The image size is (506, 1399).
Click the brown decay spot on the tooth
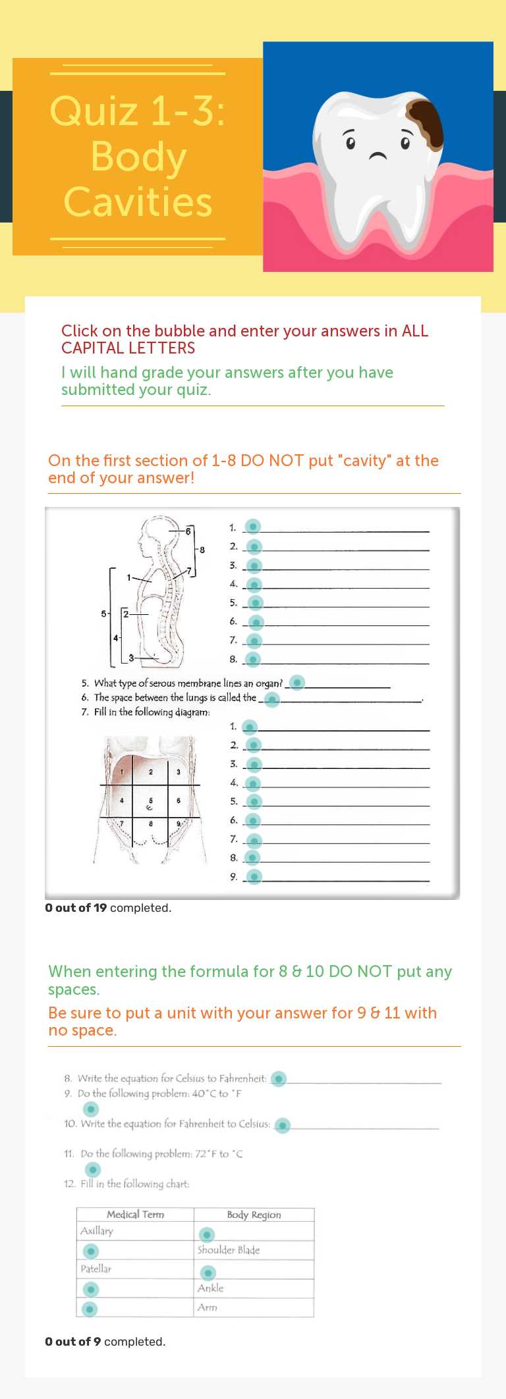tap(424, 124)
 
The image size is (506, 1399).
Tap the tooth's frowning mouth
tap(378, 157)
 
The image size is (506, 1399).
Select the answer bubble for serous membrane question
tap(297, 682)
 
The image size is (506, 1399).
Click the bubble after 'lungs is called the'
tap(271, 699)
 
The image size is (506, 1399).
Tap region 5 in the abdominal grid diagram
tap(150, 802)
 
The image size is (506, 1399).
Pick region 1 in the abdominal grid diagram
tap(122, 772)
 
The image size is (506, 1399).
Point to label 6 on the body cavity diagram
tap(188, 531)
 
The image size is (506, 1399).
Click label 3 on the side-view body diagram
tap(131, 658)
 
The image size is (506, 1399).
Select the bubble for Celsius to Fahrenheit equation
tap(279, 1078)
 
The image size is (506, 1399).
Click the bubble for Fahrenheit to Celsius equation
tap(282, 1125)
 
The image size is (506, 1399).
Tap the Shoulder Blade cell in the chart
tap(229, 1250)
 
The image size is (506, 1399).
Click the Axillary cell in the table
tap(97, 1230)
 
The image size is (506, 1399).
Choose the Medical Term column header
tap(135, 1215)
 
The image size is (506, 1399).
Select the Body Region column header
tap(254, 1215)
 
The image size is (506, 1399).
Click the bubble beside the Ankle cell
tap(91, 1288)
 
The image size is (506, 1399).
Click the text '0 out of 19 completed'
tap(108, 908)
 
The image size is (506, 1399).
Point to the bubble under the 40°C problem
tap(90, 1109)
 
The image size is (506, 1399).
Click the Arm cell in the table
tap(208, 1307)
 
